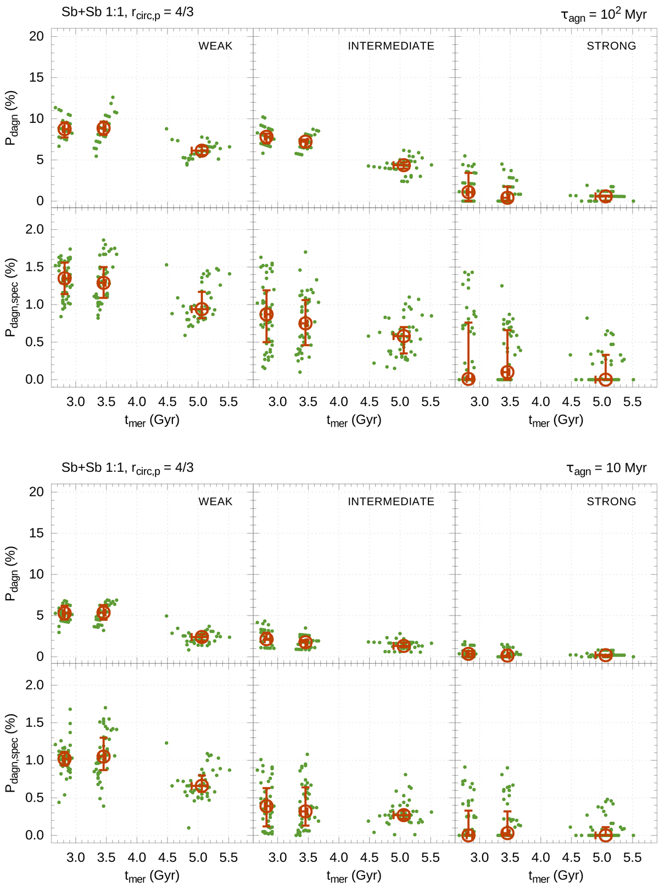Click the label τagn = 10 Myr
coord(606,469)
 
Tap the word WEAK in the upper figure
coord(215,46)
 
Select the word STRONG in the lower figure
coord(611,501)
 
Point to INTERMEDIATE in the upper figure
coord(391,46)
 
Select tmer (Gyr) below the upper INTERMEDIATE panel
coord(354,420)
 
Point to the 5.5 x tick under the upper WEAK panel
coord(228,402)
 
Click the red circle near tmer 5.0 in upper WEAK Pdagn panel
coord(202,150)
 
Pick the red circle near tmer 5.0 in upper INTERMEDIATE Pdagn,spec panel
coord(404,336)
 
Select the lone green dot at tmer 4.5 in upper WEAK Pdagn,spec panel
coord(166,265)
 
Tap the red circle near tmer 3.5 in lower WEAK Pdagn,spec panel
coord(103,757)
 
